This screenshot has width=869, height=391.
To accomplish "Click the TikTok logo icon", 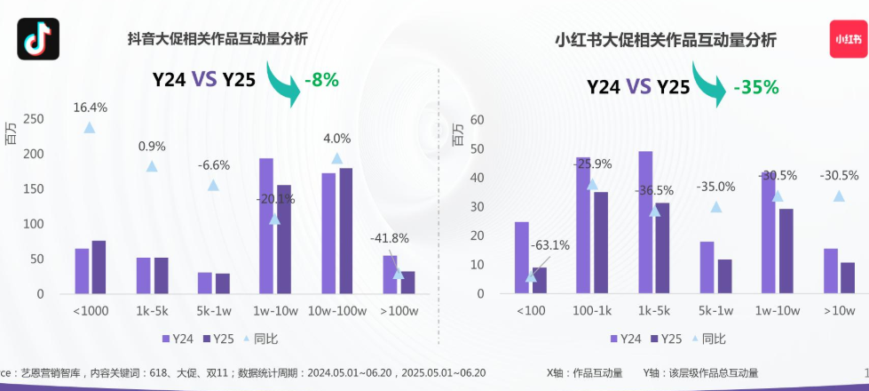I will (38, 38).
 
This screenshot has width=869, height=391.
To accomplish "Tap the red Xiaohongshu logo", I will (848, 38).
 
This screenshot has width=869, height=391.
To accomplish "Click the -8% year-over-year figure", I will (321, 79).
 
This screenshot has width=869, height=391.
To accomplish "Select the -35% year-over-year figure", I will (755, 87).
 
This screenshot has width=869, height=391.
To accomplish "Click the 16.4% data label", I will (90, 108).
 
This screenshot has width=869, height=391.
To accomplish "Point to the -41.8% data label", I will (390, 238).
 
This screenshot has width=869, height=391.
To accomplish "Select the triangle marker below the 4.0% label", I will (337, 158).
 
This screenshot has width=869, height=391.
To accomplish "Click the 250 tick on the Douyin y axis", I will (33, 119).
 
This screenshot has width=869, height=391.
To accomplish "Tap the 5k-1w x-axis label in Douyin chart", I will (213, 310).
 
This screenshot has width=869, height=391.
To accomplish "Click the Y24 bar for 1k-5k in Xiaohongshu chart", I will (645, 222).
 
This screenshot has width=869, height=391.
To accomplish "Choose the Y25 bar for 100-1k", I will (601, 243).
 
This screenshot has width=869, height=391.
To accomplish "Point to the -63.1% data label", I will (549, 245).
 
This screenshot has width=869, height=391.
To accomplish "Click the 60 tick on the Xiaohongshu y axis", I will (477, 119).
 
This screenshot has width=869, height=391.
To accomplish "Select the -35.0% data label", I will (715, 187).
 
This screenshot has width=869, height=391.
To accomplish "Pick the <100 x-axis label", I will (531, 310).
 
